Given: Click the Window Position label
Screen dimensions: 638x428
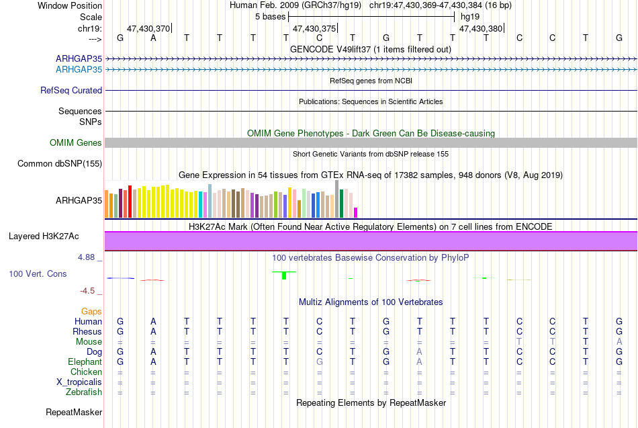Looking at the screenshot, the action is pyautogui.click(x=70, y=5).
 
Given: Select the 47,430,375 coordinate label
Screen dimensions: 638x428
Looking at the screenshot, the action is pyautogui.click(x=314, y=28).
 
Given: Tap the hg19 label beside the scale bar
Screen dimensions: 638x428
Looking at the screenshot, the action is pyautogui.click(x=470, y=17).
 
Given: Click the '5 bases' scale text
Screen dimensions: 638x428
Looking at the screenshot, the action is pyautogui.click(x=270, y=17).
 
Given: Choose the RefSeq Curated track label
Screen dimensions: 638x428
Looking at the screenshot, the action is pyautogui.click(x=71, y=91).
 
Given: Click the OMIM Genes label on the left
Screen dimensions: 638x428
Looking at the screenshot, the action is pyautogui.click(x=76, y=142).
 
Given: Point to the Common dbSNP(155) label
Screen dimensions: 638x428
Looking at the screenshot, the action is pyautogui.click(x=60, y=164).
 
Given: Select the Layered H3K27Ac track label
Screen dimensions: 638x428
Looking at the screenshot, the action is pyautogui.click(x=44, y=237).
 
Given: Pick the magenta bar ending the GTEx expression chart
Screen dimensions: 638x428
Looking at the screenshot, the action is pyautogui.click(x=356, y=212).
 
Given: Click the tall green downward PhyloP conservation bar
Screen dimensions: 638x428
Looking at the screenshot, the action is pyautogui.click(x=284, y=275).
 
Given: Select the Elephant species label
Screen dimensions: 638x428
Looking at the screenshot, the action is pyautogui.click(x=85, y=362).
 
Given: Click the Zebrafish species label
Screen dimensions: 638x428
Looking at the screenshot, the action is pyautogui.click(x=84, y=392).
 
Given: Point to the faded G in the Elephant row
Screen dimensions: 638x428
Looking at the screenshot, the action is pyautogui.click(x=320, y=362).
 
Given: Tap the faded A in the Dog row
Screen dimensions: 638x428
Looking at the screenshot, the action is pyautogui.click(x=419, y=352).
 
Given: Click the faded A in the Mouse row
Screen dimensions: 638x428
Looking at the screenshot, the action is pyautogui.click(x=619, y=342).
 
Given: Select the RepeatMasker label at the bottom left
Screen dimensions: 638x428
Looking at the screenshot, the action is pyautogui.click(x=74, y=412).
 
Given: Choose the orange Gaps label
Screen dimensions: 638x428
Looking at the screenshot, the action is pyautogui.click(x=91, y=312).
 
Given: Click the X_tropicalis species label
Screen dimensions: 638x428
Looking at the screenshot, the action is pyautogui.click(x=79, y=382).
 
